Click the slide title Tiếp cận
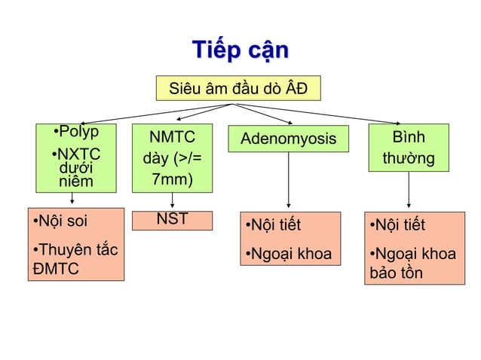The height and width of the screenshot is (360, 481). (x=240, y=50)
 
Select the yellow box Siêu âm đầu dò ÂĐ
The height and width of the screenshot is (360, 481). (x=238, y=89)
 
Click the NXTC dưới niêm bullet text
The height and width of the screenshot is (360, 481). (x=74, y=167)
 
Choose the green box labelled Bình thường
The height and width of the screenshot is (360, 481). (x=408, y=148)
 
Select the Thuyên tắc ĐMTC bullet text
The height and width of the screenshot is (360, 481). (x=75, y=258)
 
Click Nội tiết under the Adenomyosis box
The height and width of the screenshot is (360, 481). (x=274, y=226)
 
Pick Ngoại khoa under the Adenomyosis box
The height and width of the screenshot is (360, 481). (x=286, y=254)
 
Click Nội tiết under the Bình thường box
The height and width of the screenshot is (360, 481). (x=398, y=226)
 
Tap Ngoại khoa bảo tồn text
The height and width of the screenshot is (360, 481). (x=410, y=263)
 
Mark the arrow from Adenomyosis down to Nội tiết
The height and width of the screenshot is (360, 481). (x=290, y=181)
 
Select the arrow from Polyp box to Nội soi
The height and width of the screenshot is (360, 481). (x=72, y=198)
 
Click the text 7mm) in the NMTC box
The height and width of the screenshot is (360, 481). (x=171, y=181)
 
